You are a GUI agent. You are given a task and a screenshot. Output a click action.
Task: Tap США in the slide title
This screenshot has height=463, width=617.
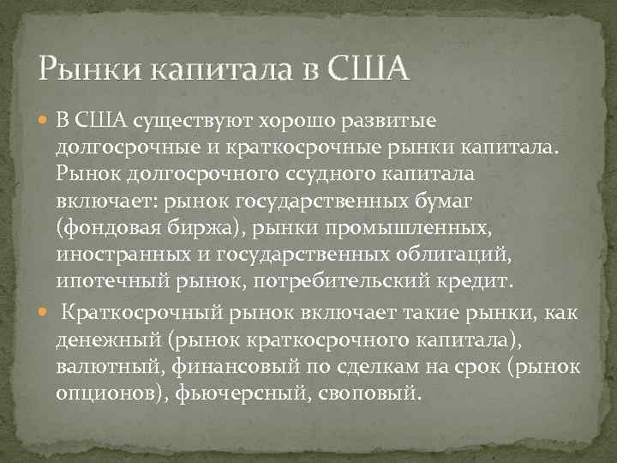click(368, 67)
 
